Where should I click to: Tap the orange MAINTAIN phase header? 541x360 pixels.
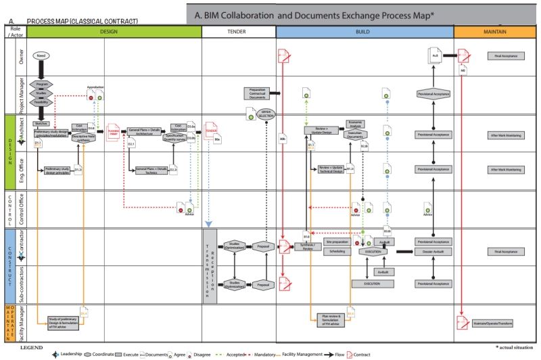coord(496,32)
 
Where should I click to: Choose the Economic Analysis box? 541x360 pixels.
coord(356,124)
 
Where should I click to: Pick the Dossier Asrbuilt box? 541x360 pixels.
coord(433,251)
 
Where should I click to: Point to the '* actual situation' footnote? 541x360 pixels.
coord(515,346)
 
